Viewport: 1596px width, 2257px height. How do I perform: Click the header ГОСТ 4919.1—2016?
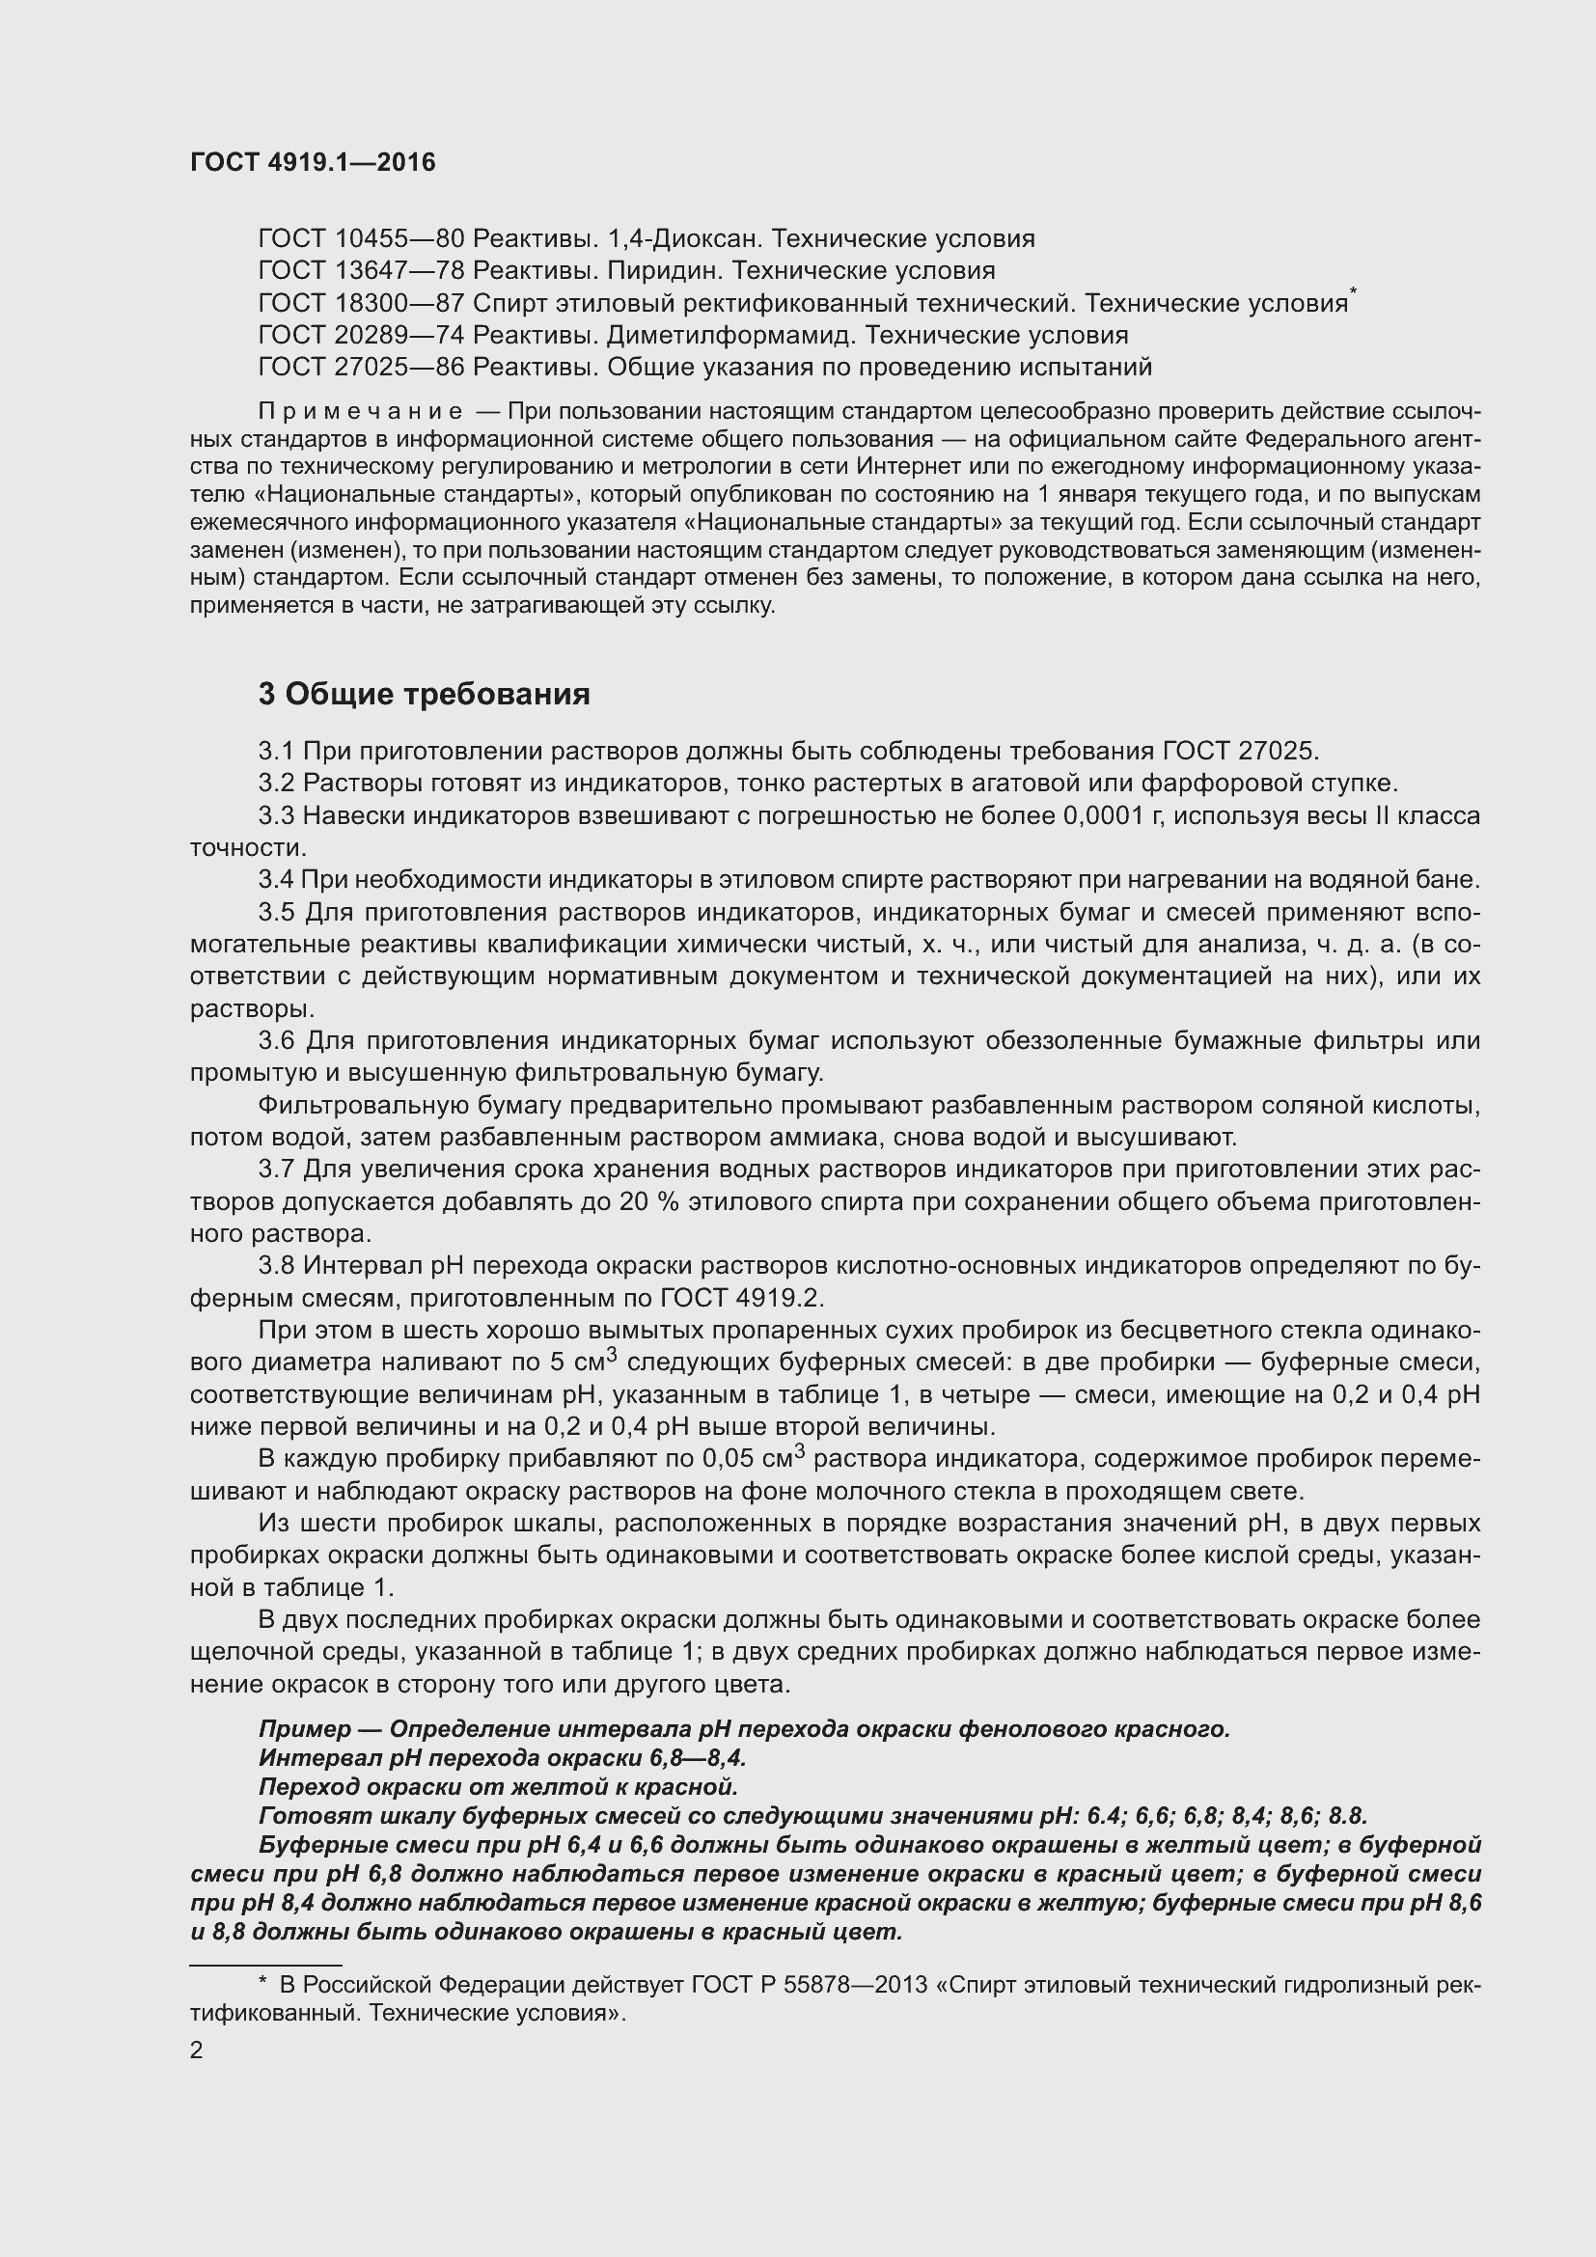pos(313,162)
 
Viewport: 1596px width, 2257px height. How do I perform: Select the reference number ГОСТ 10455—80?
pos(361,239)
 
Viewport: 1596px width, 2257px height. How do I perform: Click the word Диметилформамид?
pos(730,335)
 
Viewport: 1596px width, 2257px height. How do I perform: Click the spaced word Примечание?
pos(360,411)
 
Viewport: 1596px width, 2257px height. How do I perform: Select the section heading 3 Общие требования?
pos(424,694)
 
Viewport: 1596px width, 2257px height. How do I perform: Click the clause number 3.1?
pos(276,751)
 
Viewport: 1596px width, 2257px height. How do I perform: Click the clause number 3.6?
pos(276,1041)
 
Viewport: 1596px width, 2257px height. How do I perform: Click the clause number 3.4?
pos(276,880)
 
